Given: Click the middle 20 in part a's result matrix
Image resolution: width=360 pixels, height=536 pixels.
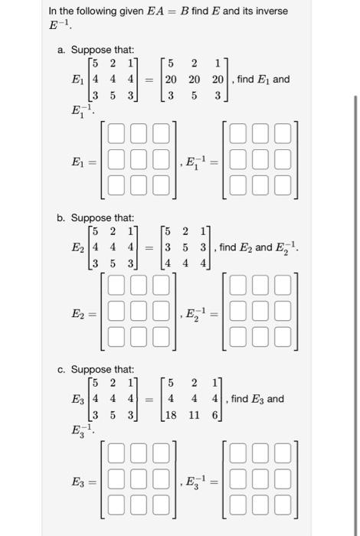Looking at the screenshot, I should pos(195,79).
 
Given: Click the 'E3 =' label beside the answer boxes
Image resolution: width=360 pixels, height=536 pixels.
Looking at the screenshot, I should pos(82,482).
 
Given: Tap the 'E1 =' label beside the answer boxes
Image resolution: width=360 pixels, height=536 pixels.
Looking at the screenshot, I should pos(82,162).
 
